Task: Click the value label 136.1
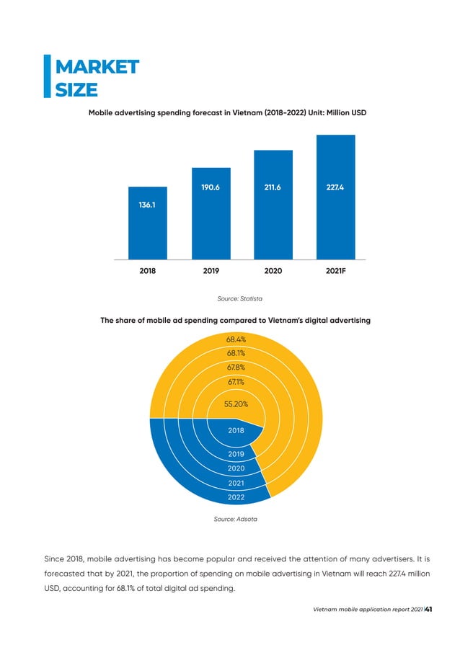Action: tap(148, 204)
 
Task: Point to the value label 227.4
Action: tap(336, 187)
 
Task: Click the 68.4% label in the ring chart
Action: tap(236, 339)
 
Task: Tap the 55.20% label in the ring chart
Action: tap(236, 405)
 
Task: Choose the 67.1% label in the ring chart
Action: tap(236, 380)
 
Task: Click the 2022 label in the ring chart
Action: tap(236, 497)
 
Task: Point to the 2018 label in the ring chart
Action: tap(236, 430)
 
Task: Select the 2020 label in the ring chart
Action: tap(236, 468)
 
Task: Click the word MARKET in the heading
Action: tap(97, 67)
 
